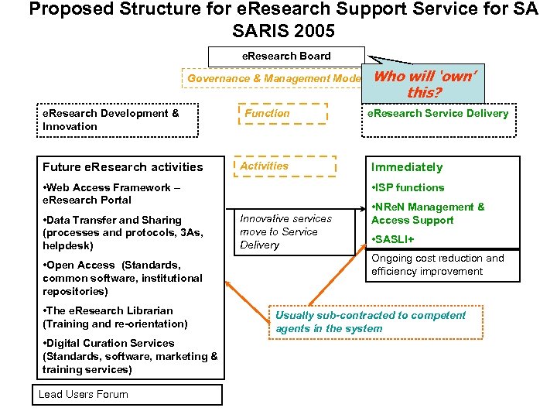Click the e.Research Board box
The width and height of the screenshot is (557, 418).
point(286,57)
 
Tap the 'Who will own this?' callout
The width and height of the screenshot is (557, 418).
point(425,84)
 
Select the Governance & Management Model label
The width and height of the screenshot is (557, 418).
point(275,78)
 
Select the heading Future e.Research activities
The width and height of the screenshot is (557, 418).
point(123,167)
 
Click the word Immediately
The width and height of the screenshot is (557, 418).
point(407,167)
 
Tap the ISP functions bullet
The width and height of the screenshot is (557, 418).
point(408,187)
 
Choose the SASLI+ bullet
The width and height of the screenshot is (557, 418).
point(395,239)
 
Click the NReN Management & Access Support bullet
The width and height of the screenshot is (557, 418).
point(428,214)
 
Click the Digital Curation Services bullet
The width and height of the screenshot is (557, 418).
point(130,356)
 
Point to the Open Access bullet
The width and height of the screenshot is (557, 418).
point(122,278)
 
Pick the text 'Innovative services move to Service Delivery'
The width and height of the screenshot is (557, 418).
point(285,231)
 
